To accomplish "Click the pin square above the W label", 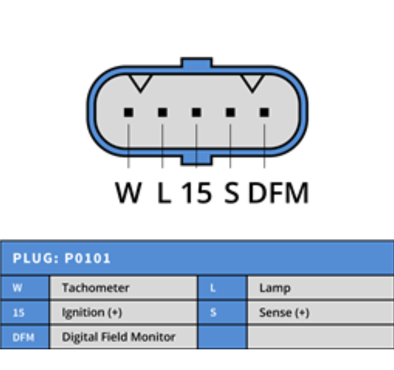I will (x=128, y=112).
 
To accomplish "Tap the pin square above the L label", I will (x=162, y=112).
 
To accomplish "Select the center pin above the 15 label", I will (x=196, y=112).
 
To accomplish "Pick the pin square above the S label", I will (x=230, y=112).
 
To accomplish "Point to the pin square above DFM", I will (x=264, y=112).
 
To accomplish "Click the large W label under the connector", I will (x=128, y=193).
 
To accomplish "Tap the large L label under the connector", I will (x=163, y=193).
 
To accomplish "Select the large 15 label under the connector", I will (x=196, y=193).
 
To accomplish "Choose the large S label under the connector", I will (x=232, y=193).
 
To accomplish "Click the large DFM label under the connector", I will (x=278, y=193).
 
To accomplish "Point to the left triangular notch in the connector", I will (x=140, y=82).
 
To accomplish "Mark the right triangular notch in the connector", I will (x=253, y=82).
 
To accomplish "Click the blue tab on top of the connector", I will (x=196, y=63).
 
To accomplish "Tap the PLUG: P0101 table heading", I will (x=62, y=258).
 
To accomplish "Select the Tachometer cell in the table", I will (x=96, y=288).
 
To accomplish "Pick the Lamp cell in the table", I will (x=275, y=288).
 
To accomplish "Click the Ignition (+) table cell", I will (x=92, y=313).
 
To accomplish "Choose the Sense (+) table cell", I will (x=284, y=313).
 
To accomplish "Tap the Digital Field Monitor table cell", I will (x=119, y=337).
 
